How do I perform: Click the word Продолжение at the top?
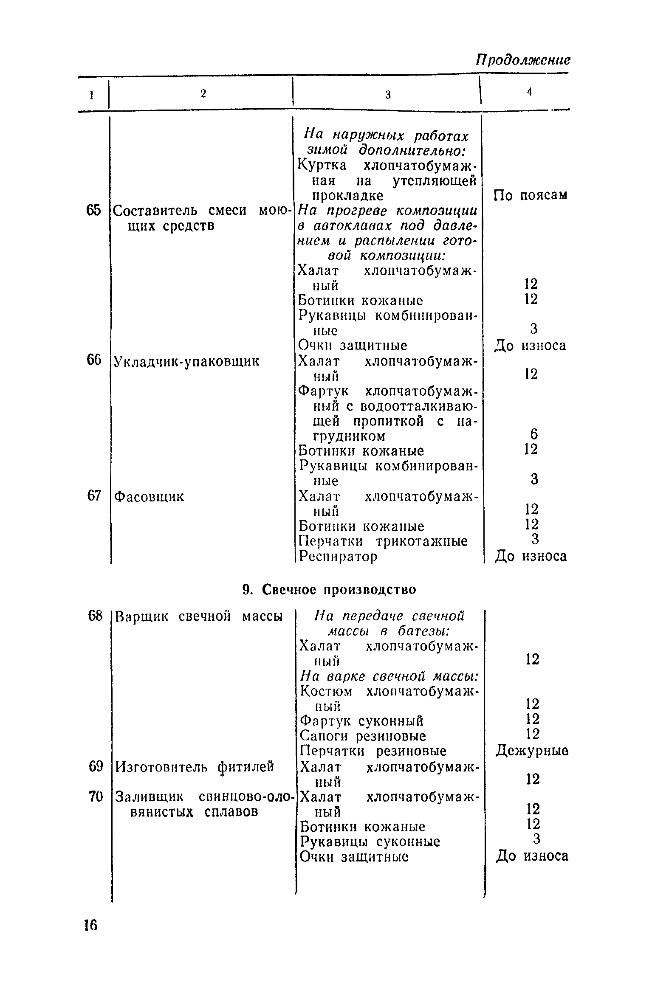coord(522,60)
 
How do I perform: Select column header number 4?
coord(529,92)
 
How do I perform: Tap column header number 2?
coord(203,94)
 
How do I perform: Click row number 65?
coord(93,210)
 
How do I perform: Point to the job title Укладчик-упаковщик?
coord(187,361)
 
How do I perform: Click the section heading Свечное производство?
coord(329,589)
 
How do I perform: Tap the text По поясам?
coord(530,195)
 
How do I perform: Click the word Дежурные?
coord(532,751)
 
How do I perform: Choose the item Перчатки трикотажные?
coord(383,541)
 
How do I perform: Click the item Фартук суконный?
coord(361,721)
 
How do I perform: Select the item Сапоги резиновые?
coord(363,736)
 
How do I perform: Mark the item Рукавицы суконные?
coord(370,841)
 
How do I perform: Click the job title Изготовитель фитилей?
coord(195,766)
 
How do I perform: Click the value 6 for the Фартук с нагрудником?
coord(534,434)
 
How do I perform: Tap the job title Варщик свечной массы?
coord(199,616)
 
